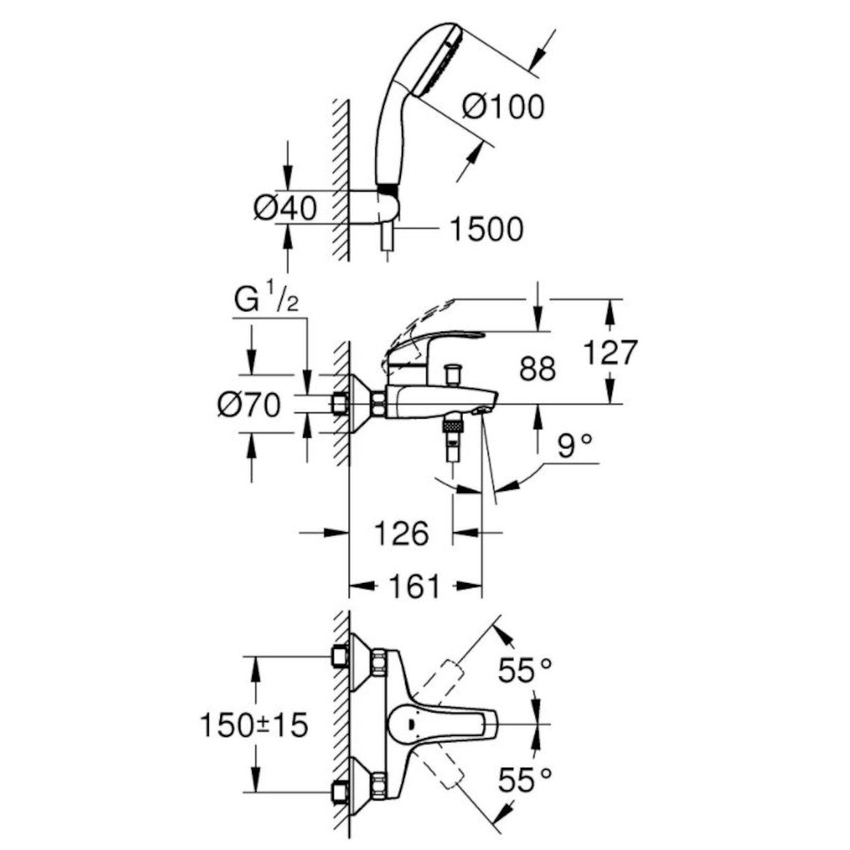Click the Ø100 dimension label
tap(504, 107)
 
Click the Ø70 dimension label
tap(249, 406)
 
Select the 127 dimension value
tap(610, 352)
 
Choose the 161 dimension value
tap(414, 586)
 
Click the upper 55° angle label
tap(524, 670)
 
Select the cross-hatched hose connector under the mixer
tap(452, 426)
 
